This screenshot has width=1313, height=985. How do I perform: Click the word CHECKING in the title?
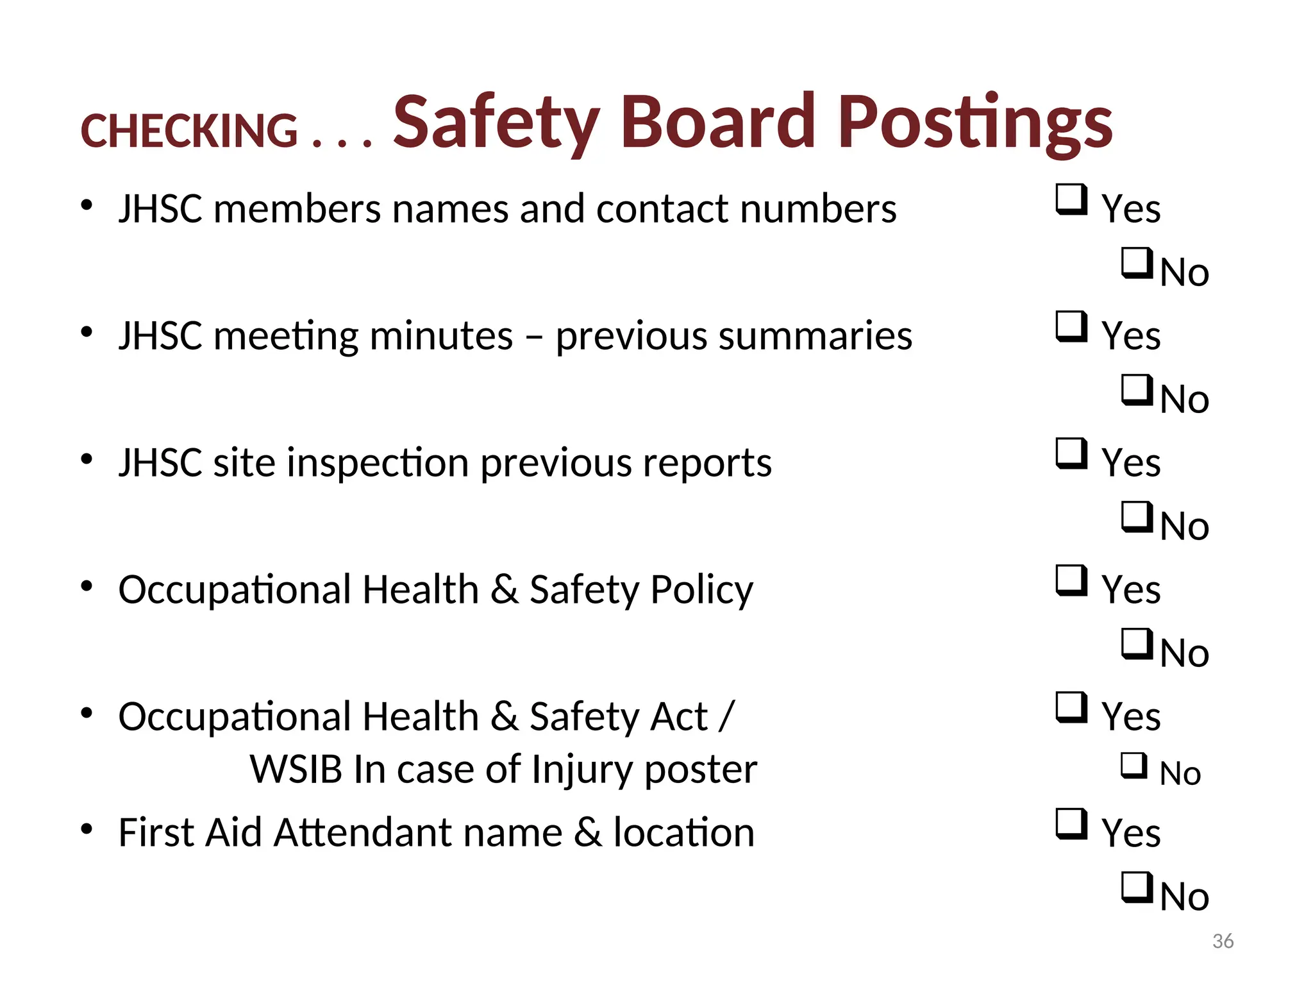(189, 131)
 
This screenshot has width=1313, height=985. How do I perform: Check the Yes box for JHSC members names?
(1071, 199)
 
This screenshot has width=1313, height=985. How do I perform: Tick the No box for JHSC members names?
(1136, 263)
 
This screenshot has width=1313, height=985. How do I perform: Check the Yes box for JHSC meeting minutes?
(1071, 326)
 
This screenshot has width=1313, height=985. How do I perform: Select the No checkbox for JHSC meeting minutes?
(1136, 390)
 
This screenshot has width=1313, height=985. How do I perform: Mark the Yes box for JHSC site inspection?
(1071, 453)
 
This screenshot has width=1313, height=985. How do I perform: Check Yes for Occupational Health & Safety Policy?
(1071, 580)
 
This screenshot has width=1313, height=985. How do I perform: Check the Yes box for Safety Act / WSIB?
(1071, 707)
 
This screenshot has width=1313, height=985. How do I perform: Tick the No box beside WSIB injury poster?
(1133, 765)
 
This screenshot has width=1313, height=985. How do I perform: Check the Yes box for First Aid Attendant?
(1071, 823)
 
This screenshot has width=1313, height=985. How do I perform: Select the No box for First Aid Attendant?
(1136, 888)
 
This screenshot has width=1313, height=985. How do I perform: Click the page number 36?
(1223, 941)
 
